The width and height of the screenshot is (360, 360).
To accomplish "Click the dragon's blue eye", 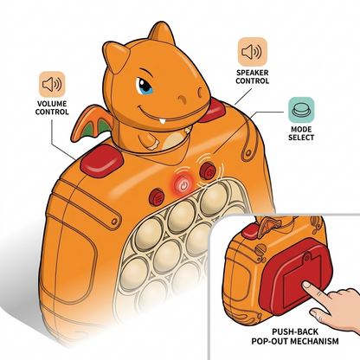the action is pyautogui.click(x=145, y=86).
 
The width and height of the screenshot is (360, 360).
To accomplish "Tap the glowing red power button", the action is pyautogui.click(x=183, y=184).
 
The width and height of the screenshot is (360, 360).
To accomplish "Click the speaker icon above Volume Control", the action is pyautogui.click(x=52, y=84).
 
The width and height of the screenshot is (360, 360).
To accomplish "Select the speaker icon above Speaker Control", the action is pyautogui.click(x=253, y=52).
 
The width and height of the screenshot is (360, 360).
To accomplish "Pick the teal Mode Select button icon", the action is pyautogui.click(x=301, y=110).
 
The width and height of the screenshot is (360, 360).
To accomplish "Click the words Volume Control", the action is pyautogui.click(x=52, y=107).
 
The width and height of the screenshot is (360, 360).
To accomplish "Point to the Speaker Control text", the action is pyautogui.click(x=253, y=77).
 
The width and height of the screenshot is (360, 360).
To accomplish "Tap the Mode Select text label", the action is pyautogui.click(x=301, y=133).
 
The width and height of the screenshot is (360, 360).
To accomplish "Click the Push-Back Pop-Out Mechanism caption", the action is pyautogui.click(x=295, y=337).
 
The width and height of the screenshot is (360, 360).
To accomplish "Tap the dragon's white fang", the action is pyautogui.click(x=163, y=120).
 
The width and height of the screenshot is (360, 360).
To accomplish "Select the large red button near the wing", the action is pyautogui.click(x=101, y=161).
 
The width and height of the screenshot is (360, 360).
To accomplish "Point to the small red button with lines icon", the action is pyautogui.click(x=157, y=197).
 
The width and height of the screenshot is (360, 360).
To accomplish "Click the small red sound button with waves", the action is pyautogui.click(x=208, y=170).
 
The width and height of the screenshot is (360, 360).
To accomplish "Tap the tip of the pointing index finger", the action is pyautogui.click(x=305, y=285).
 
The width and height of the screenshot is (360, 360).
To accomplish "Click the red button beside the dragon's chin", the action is pyautogui.click(x=212, y=111).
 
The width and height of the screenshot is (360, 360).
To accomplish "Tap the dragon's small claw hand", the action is pyautogui.click(x=150, y=142).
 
